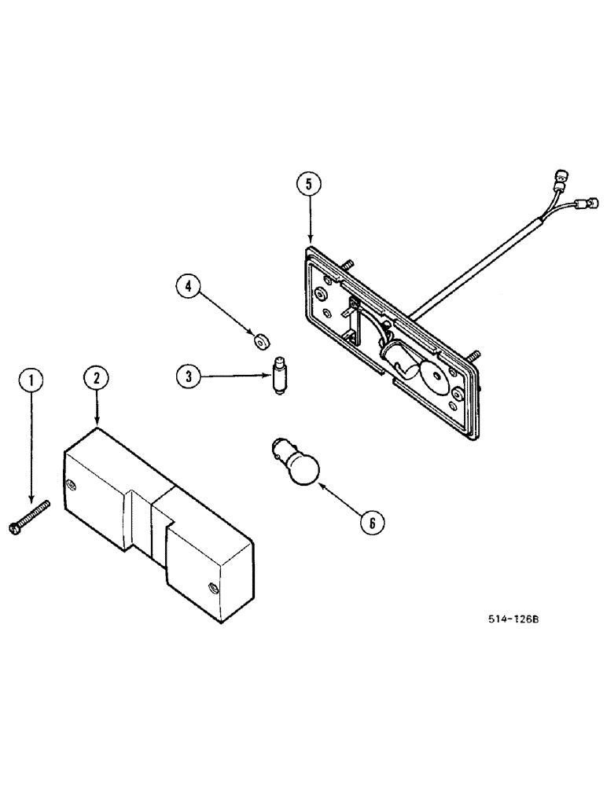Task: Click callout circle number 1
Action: pos(31,383)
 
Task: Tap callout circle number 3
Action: pos(189,376)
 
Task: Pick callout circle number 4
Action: pos(189,288)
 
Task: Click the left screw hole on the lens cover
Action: pos(75,484)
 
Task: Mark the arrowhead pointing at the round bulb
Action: pos(320,486)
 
